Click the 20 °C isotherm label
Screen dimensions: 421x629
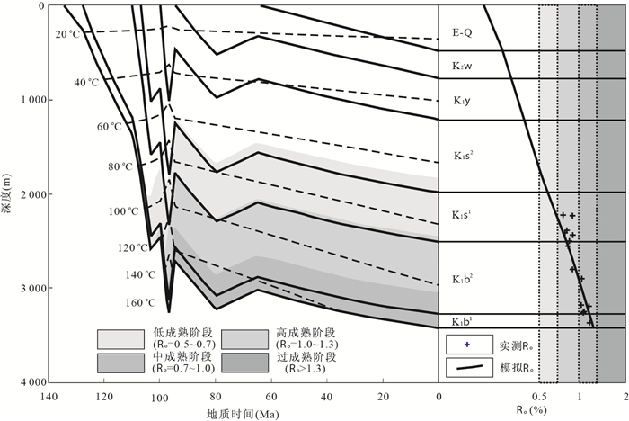tap(67, 34)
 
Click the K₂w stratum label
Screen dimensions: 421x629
tap(463, 67)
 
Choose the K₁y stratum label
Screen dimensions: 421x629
tap(462, 101)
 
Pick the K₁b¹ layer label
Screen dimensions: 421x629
tap(463, 322)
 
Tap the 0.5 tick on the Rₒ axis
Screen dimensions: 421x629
tap(539, 396)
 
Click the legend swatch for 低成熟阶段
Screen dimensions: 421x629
tap(120, 339)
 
